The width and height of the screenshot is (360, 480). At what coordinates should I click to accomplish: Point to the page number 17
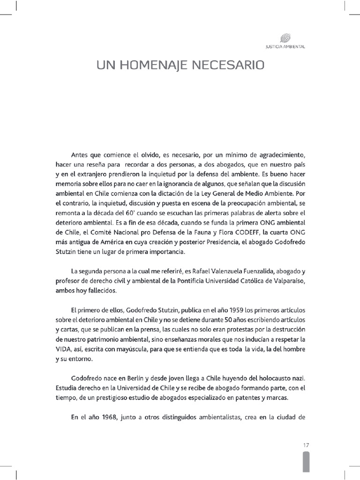click(306, 445)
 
